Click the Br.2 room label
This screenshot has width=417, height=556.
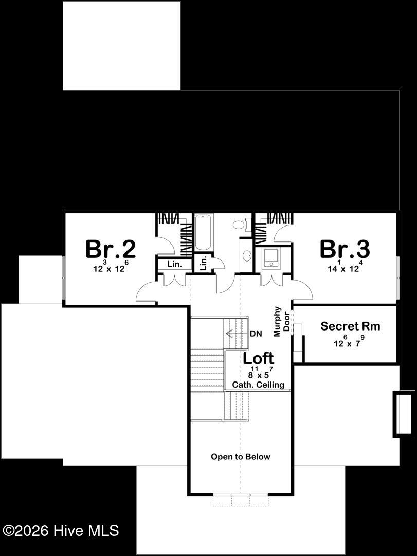[x=111, y=249]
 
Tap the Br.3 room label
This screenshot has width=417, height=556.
[x=345, y=249]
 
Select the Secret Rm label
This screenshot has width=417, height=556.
[x=350, y=326]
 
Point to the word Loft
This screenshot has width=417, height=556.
[x=258, y=358]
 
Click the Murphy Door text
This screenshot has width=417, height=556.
[x=282, y=321]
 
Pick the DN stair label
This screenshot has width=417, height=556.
[x=256, y=334]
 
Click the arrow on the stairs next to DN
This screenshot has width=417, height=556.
[x=235, y=334]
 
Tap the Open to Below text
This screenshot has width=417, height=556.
[x=241, y=456]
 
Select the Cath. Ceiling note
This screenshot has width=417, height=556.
[x=258, y=385]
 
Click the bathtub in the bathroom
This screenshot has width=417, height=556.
[x=204, y=232]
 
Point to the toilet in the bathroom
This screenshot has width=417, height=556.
[x=239, y=225]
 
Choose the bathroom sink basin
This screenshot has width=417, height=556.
[x=247, y=255]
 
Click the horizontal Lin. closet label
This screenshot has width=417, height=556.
[x=175, y=264]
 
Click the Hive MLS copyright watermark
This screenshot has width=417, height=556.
[x=61, y=531]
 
